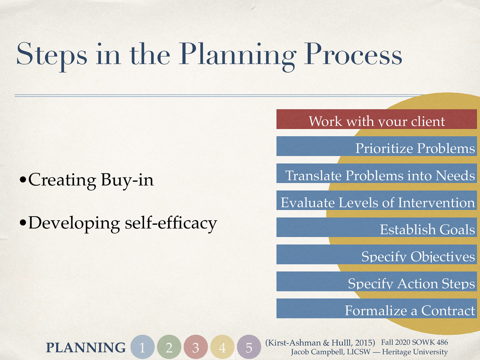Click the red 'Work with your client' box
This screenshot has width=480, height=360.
coord(376,119)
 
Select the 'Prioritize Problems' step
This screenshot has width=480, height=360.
coord(376,146)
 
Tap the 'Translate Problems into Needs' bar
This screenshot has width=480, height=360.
coord(376,173)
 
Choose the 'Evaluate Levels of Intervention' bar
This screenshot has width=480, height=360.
coord(376,200)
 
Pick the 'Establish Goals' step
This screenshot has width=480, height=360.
coord(376,227)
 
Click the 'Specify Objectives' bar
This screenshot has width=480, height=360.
coord(376,254)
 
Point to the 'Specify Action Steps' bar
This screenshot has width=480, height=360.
coord(376,281)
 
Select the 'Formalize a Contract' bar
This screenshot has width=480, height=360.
coord(376,308)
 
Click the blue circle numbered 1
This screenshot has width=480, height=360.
coord(142,347)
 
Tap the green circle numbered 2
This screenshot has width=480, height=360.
coord(169,347)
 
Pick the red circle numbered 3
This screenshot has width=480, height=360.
coord(196,347)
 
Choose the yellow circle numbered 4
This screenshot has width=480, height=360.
coord(222,347)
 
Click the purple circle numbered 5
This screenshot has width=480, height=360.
coord(249,347)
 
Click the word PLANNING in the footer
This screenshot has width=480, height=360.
coord(86,348)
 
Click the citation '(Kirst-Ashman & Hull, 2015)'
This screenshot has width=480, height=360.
coord(320,343)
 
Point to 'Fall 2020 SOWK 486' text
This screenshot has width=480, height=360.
coord(414,342)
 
